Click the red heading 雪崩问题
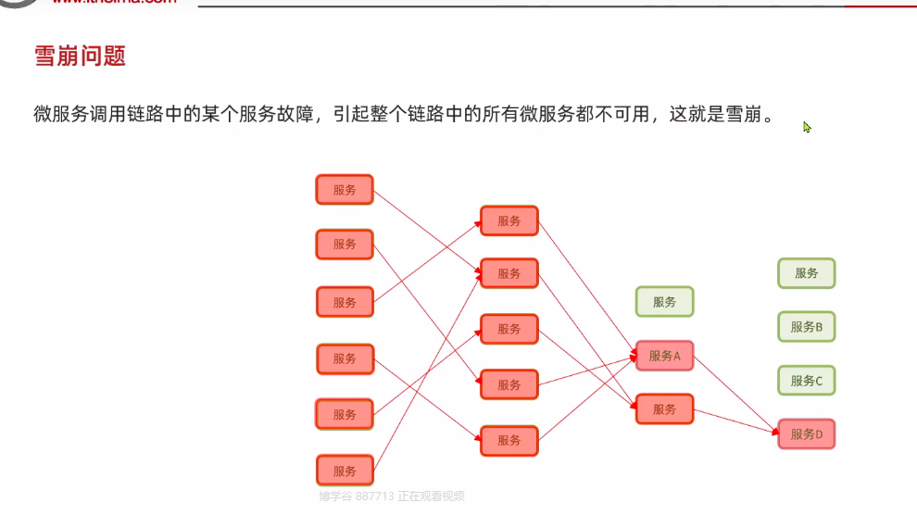click(x=80, y=57)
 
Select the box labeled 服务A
click(x=664, y=356)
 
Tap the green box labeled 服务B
click(x=806, y=327)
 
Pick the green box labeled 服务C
click(x=806, y=381)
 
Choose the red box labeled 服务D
click(x=806, y=433)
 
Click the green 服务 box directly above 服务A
click(x=664, y=302)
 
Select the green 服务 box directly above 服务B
click(x=806, y=273)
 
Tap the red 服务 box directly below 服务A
click(x=664, y=408)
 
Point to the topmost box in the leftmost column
click(x=345, y=190)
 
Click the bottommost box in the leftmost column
click(x=345, y=471)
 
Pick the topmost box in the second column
click(x=509, y=220)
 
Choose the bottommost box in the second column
click(x=509, y=440)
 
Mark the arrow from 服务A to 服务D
click(x=736, y=394)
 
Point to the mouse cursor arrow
click(x=807, y=127)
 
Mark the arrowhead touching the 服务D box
click(x=775, y=432)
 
